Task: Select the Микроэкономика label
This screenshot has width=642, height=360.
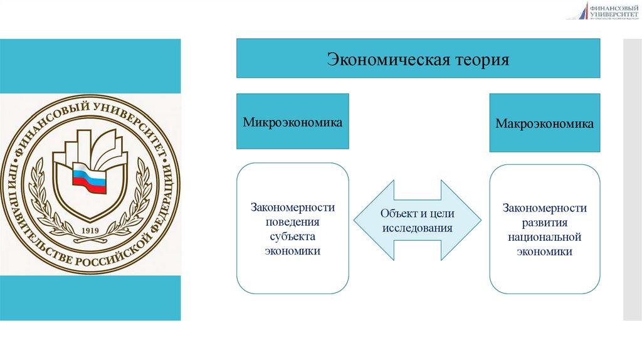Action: (293, 122)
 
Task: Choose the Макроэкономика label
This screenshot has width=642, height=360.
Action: (544, 124)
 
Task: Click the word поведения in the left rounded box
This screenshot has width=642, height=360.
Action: (293, 222)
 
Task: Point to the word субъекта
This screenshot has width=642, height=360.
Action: (293, 236)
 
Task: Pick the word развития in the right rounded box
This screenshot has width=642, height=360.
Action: (544, 223)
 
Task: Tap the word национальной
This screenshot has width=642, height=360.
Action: (544, 237)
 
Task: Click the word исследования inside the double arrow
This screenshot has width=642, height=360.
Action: (417, 228)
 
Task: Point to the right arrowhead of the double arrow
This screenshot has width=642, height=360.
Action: (467, 221)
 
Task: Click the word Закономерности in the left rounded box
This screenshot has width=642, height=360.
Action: (293, 208)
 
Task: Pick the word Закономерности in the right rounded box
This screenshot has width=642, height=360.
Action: (544, 208)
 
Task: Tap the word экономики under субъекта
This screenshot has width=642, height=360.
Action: (293, 251)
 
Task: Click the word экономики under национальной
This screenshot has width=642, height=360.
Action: (544, 251)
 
